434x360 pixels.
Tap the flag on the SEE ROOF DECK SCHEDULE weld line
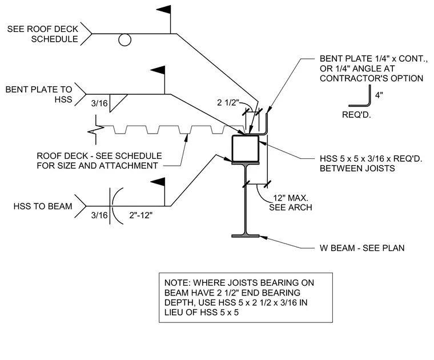[164, 10]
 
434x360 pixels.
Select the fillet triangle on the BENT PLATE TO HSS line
[118, 103]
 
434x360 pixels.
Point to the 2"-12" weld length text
[140, 215]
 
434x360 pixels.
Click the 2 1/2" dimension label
[228, 103]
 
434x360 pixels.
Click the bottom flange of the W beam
[245, 236]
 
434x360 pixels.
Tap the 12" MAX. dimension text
[290, 198]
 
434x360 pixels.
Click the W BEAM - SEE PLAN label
[362, 248]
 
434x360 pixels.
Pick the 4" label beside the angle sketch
[379, 95]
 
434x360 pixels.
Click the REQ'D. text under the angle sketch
[356, 115]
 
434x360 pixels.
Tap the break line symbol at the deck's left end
[96, 130]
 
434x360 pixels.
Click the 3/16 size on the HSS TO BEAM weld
[99, 215]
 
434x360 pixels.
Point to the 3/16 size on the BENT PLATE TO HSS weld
[99, 103]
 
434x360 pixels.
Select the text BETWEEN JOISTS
[357, 169]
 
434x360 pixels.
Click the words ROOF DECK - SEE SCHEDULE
[99, 155]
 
